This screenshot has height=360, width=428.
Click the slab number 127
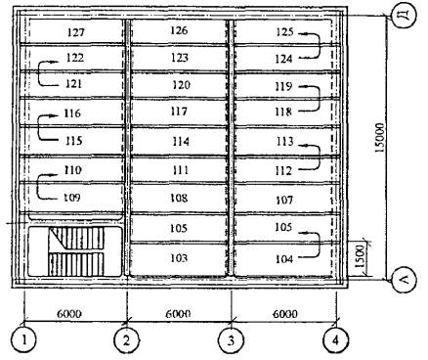pyautogui.click(x=76, y=32)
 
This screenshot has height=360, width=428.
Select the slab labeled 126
pyautogui.click(x=179, y=30)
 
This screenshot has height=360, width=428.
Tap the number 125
pyautogui.click(x=285, y=32)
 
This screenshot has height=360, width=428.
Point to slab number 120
pyautogui.click(x=181, y=85)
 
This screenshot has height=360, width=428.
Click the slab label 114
pyautogui.click(x=181, y=141)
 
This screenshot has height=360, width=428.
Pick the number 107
pyautogui.click(x=284, y=200)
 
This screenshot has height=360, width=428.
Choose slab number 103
pyautogui.click(x=179, y=258)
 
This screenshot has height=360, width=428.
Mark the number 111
pyautogui.click(x=180, y=170)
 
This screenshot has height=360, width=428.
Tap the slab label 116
pyautogui.click(x=72, y=113)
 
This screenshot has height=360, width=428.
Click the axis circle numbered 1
pyautogui.click(x=23, y=340)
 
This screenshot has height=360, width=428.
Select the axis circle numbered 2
pyautogui.click(x=126, y=340)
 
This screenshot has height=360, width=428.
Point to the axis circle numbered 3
pyautogui.click(x=231, y=340)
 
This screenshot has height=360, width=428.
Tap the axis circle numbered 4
pyautogui.click(x=335, y=340)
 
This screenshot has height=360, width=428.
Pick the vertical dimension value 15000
pyautogui.click(x=379, y=138)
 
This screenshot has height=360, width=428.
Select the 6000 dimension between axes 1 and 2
pyautogui.click(x=69, y=314)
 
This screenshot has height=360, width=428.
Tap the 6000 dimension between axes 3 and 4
pyautogui.click(x=285, y=314)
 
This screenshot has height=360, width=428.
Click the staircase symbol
pyautogui.click(x=77, y=251)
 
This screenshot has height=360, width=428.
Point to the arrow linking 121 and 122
pyautogui.click(x=39, y=73)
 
